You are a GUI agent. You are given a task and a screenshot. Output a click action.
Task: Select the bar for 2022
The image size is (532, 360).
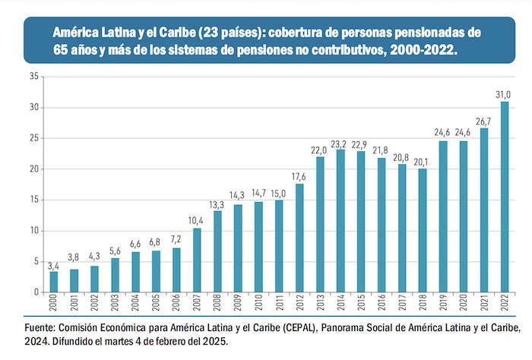(505, 197)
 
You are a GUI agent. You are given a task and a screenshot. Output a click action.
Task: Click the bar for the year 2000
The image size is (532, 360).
(54, 282)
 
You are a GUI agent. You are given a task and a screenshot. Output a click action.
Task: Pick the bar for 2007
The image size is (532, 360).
(197, 261)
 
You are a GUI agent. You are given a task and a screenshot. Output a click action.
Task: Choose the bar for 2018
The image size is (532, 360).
(423, 230)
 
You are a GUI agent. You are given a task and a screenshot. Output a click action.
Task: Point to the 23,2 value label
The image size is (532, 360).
(340, 142)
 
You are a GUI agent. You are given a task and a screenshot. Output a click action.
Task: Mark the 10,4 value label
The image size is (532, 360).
(197, 220)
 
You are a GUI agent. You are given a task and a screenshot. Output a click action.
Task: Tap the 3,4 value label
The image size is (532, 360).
(54, 264)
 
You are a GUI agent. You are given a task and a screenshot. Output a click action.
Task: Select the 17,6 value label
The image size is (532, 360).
(299, 176)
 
